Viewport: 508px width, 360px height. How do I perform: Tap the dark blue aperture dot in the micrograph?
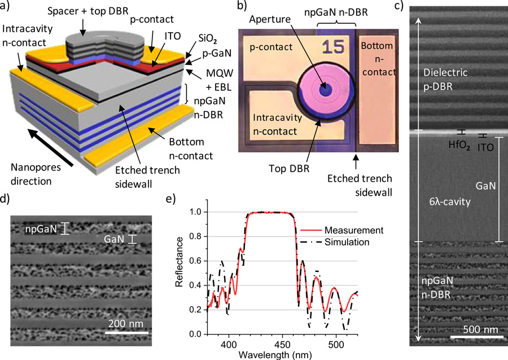[x=325, y=90]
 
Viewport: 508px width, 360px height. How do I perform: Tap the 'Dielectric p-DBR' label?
[x=449, y=80]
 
